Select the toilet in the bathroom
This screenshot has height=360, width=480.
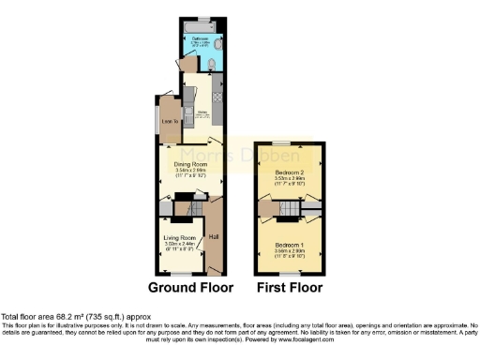pyautogui.click(x=213, y=65)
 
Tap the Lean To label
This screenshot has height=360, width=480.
pyautogui.click(x=170, y=121)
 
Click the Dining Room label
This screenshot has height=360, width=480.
pyautogui.click(x=190, y=163)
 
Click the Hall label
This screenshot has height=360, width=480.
pyautogui.click(x=213, y=234)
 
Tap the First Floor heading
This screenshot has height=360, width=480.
pyautogui.click(x=290, y=287)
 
